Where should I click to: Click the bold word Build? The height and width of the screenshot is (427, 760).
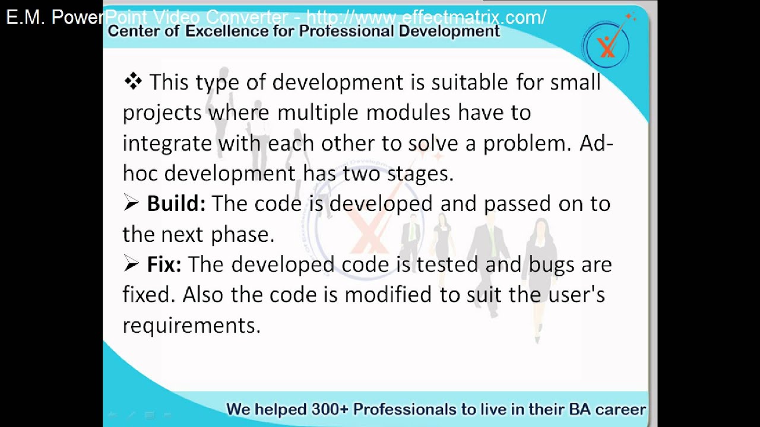pyautogui.click(x=176, y=204)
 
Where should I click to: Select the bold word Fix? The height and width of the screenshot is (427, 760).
pyautogui.click(x=164, y=265)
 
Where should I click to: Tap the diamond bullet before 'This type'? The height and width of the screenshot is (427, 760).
pyautogui.click(x=133, y=81)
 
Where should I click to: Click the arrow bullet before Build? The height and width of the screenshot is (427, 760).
pyautogui.click(x=131, y=203)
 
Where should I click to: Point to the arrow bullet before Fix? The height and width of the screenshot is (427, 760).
pyautogui.click(x=131, y=265)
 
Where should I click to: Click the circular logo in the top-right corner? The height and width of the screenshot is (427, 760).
pyautogui.click(x=606, y=45)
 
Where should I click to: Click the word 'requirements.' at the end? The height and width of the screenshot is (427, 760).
pyautogui.click(x=192, y=326)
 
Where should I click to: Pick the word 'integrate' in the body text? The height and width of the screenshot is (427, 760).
pyautogui.click(x=167, y=144)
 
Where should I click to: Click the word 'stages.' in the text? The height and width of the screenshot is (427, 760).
pyautogui.click(x=420, y=174)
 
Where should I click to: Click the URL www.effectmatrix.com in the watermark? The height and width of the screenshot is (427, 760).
pyautogui.click(x=426, y=17)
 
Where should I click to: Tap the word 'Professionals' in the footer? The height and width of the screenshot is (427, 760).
pyautogui.click(x=414, y=409)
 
